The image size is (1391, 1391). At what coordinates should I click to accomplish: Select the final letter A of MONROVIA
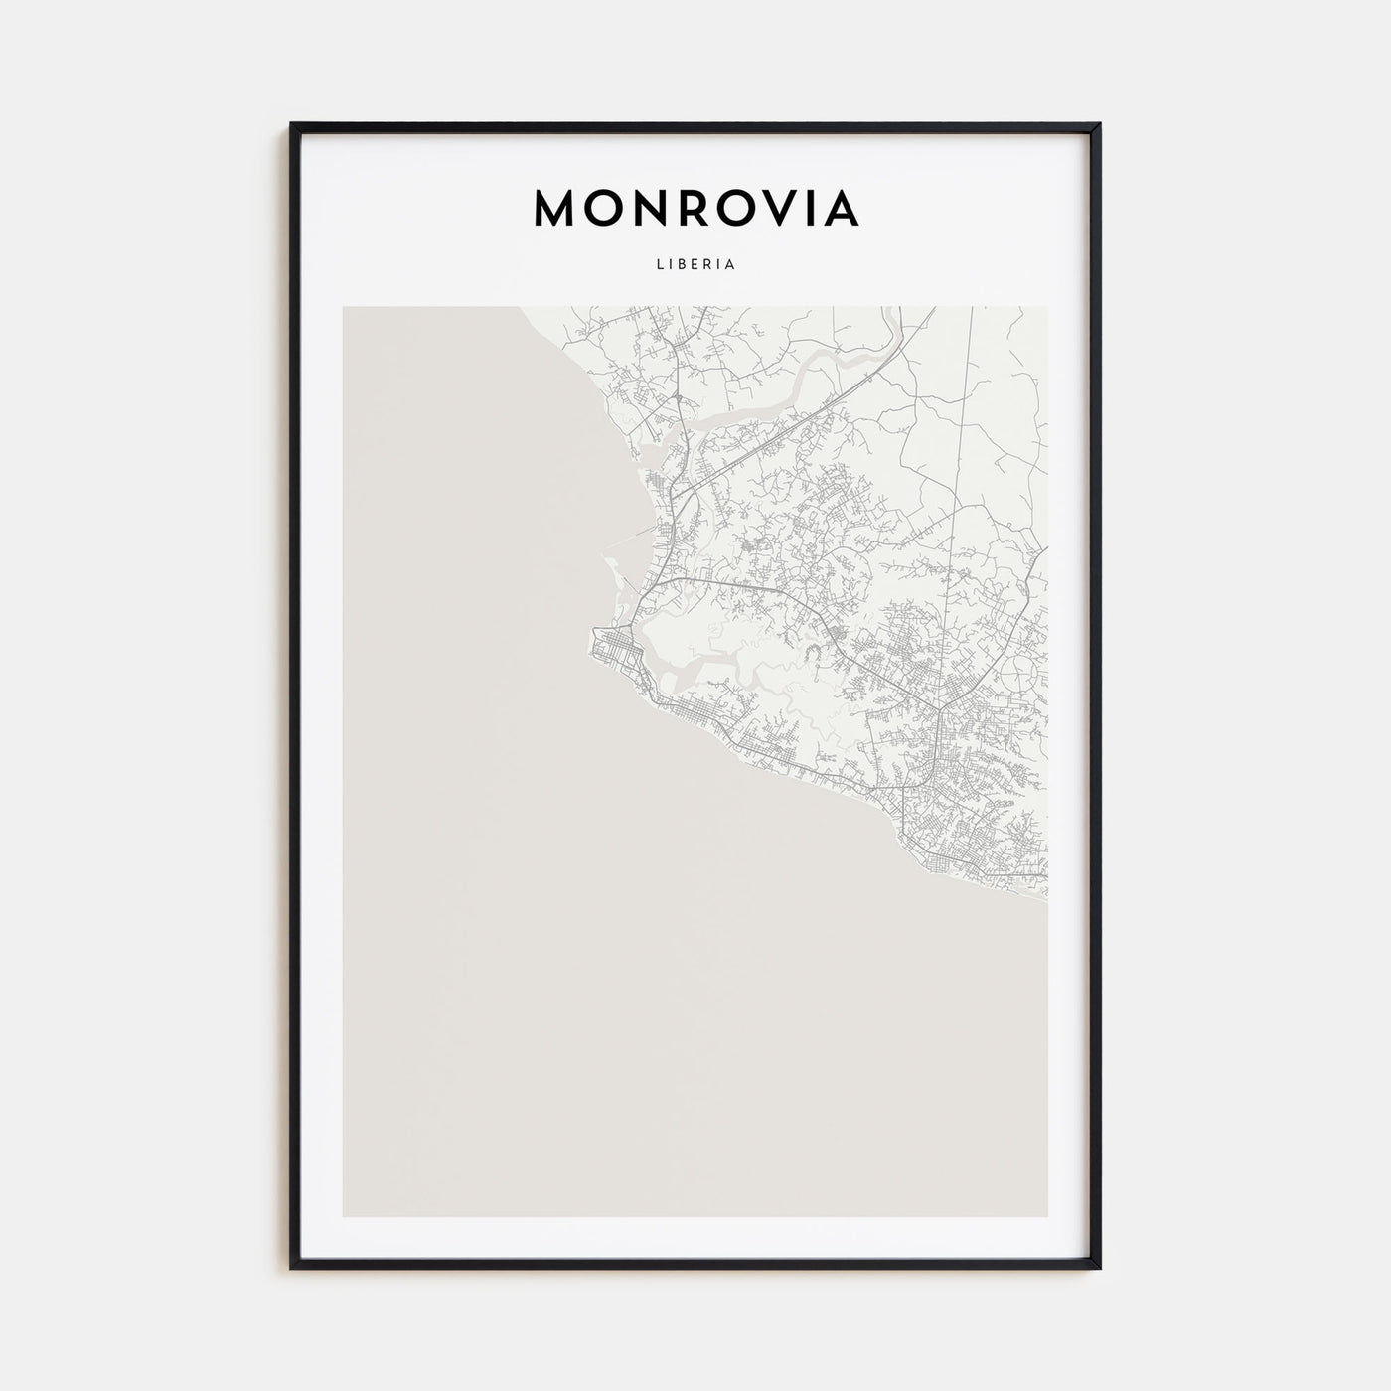[x=840, y=208]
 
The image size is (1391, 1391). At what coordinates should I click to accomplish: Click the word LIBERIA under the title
[x=695, y=265]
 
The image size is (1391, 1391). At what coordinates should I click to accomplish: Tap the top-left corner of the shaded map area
[x=344, y=307]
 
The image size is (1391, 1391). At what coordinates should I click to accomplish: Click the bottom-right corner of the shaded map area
[x=1046, y=1215]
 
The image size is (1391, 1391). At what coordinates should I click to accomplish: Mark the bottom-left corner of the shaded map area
[x=344, y=1215]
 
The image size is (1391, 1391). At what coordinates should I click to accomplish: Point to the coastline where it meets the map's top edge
[x=520, y=308]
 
